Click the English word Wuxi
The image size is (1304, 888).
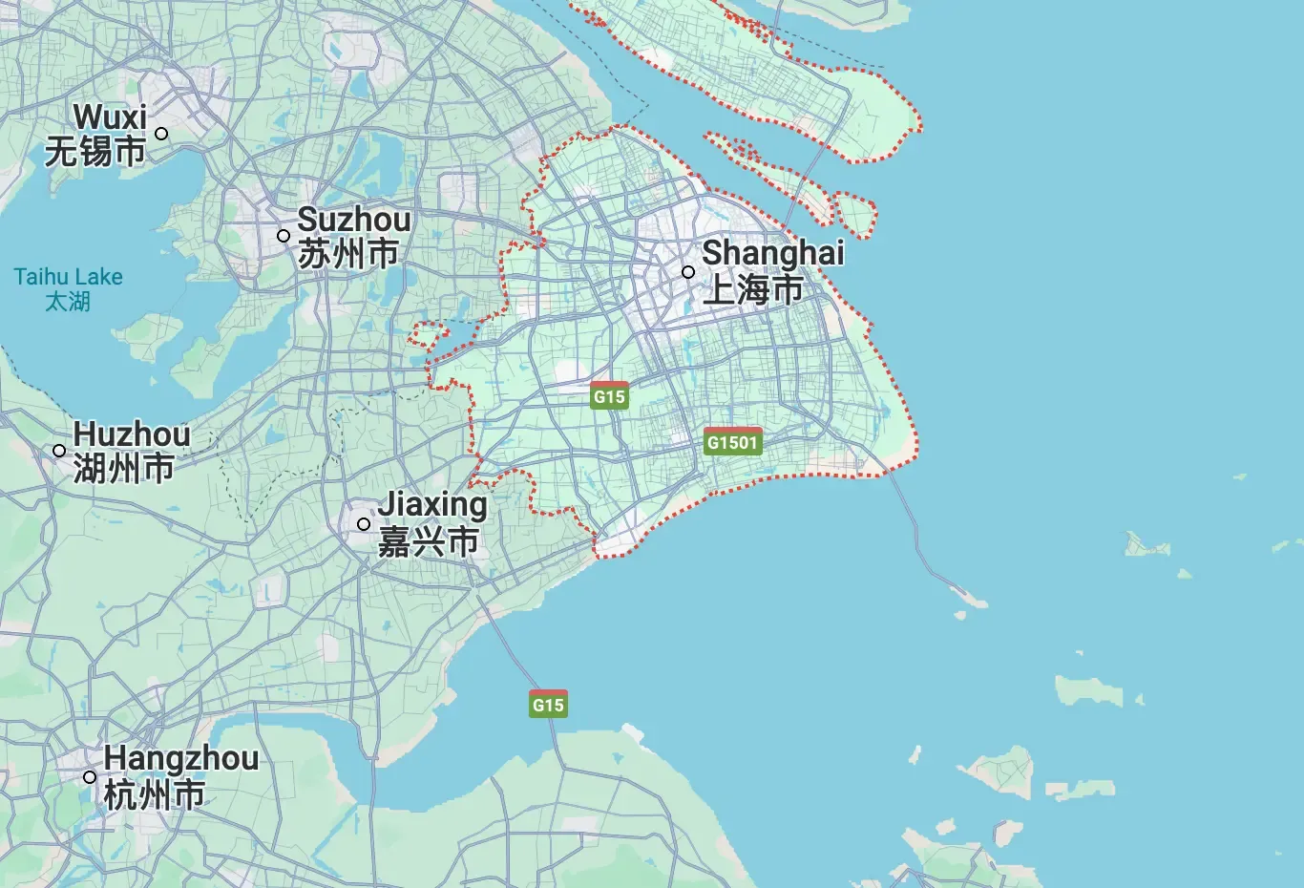click(110, 117)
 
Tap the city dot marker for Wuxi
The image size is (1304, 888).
click(161, 134)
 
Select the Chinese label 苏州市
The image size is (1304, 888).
click(347, 254)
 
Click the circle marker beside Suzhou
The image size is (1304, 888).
click(284, 236)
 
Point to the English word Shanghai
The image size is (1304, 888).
click(772, 253)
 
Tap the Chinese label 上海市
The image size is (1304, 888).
click(752, 289)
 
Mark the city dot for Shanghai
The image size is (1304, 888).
click(687, 272)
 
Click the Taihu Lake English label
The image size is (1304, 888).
click(68, 277)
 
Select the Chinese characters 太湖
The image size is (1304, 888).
click(68, 302)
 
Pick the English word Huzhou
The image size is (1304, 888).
click(132, 434)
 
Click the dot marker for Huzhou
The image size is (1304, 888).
click(59, 451)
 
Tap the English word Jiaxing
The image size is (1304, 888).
click(432, 504)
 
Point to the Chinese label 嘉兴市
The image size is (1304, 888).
click(428, 541)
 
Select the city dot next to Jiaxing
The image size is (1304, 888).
click(364, 524)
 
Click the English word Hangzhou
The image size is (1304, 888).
click(180, 758)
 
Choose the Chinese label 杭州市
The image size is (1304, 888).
click(154, 794)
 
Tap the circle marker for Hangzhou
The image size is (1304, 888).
click(90, 777)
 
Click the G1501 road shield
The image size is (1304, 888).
click(732, 442)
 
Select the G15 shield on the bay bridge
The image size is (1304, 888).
click(548, 705)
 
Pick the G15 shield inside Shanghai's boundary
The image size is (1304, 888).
click(609, 396)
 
